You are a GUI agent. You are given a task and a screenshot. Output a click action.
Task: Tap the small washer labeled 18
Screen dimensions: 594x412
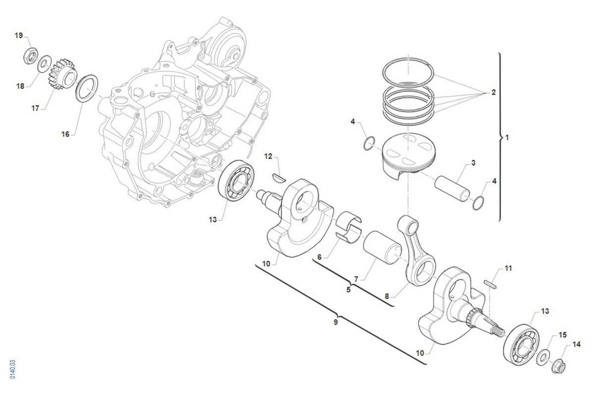[44, 63]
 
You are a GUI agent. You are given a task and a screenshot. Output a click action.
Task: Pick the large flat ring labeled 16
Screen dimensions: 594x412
[87, 88]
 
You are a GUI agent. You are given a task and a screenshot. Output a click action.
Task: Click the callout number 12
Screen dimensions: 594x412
[268, 156]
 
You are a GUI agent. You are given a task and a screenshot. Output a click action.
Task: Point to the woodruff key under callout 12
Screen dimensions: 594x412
[279, 178]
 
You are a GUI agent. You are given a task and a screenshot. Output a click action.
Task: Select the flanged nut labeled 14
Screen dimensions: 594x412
[558, 366]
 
